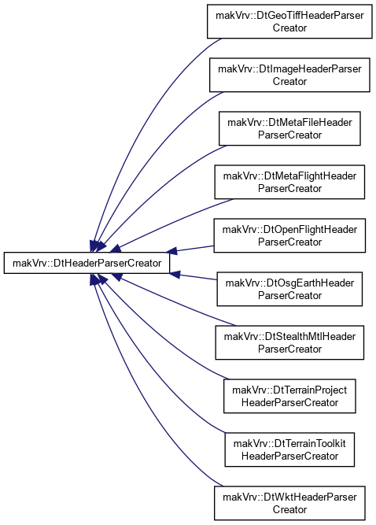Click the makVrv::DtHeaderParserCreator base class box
[x=87, y=263]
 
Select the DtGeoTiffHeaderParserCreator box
[x=289, y=21]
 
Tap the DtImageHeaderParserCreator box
[x=289, y=75]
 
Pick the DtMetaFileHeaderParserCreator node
[x=289, y=128]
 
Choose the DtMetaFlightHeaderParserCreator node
[x=289, y=182]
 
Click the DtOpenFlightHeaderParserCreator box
[x=289, y=235]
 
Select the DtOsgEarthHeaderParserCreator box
[x=289, y=290]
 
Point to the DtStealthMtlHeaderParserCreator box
[x=289, y=343]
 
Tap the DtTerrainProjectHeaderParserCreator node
[x=289, y=397]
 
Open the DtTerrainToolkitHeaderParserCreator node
[x=289, y=450]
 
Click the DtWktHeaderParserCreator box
[x=289, y=504]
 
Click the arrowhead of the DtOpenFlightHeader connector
[x=171, y=251]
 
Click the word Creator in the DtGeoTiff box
[x=289, y=28]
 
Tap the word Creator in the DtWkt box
[x=289, y=509]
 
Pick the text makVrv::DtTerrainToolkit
[x=289, y=444]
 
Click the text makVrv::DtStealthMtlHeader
[x=289, y=337]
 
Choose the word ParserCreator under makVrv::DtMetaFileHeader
[x=289, y=135]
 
